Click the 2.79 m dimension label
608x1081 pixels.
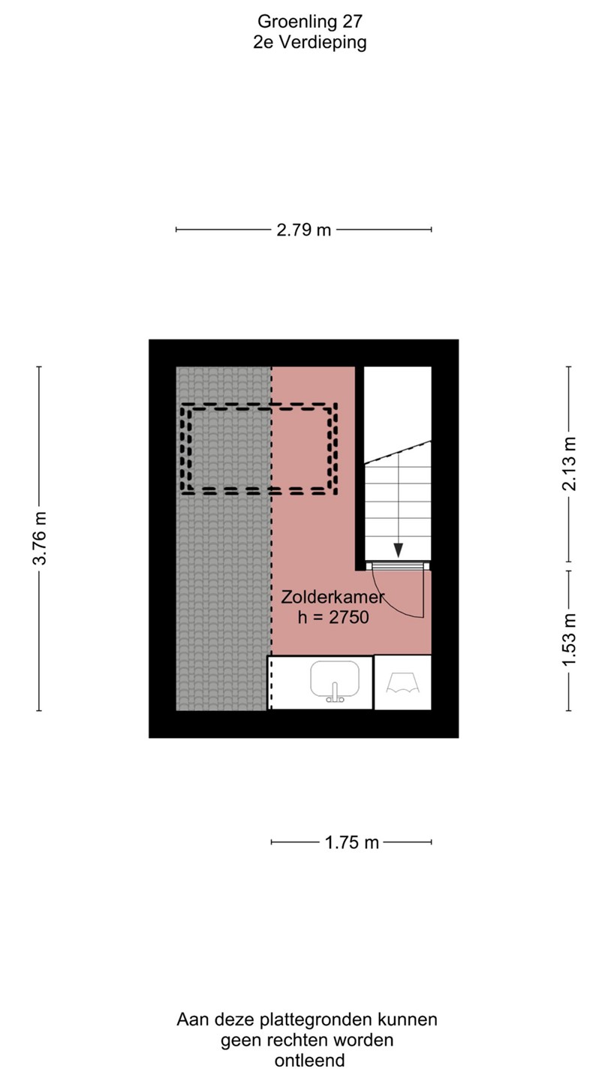point(303,230)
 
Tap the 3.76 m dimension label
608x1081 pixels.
point(40,538)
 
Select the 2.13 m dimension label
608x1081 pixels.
point(570,464)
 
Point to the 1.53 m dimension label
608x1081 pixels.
point(570,640)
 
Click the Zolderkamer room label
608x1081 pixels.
point(333,597)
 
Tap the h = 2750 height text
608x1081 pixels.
point(333,617)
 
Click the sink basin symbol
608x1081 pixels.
point(335,679)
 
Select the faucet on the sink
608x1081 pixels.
point(335,693)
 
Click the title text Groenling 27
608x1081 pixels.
point(310,21)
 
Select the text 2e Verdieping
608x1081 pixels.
point(310,43)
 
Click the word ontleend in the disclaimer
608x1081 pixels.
point(310,1060)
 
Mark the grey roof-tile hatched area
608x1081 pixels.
point(223,538)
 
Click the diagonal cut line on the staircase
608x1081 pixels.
point(398,452)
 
